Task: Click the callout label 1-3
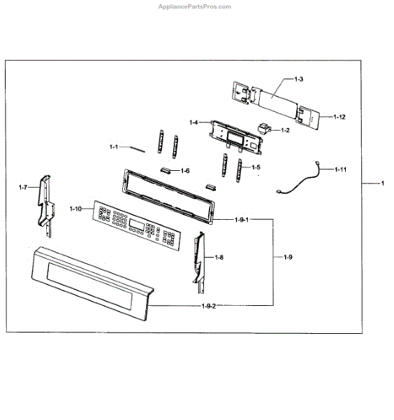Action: tap(299, 78)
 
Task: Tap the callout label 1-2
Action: tap(285, 130)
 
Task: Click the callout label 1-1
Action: tap(115, 146)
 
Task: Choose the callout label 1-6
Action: tap(185, 170)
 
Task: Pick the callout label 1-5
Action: tap(256, 167)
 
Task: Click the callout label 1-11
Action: tap(340, 169)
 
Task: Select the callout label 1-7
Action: tap(24, 187)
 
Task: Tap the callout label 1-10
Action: tap(76, 208)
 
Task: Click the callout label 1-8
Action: tap(219, 258)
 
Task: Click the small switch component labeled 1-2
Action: tap(265, 128)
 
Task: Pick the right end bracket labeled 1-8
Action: tap(200, 259)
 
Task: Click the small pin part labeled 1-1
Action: tap(140, 148)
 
